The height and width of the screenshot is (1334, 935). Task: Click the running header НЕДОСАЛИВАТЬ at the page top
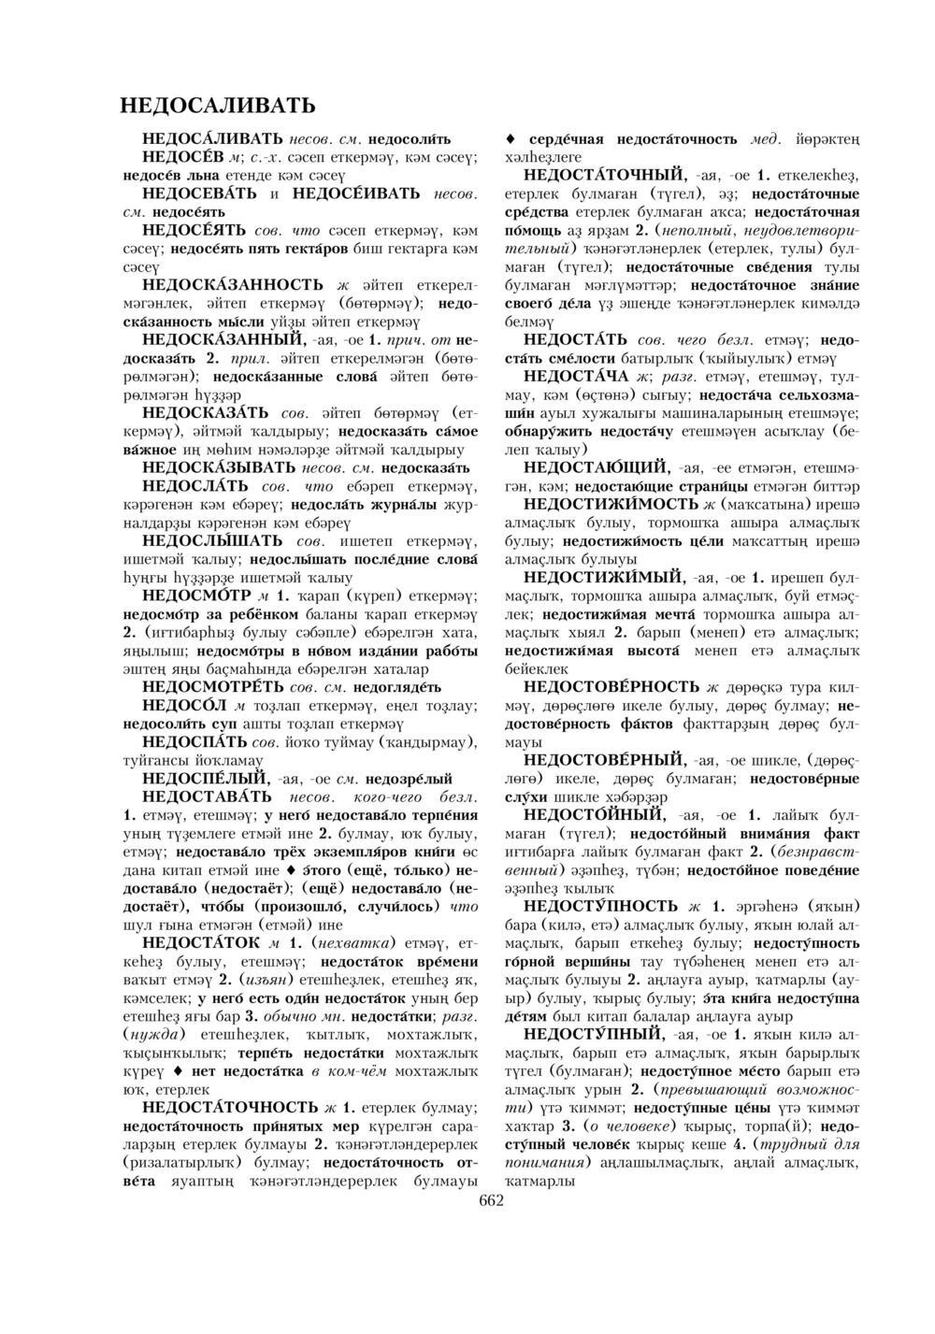[x=218, y=103]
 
